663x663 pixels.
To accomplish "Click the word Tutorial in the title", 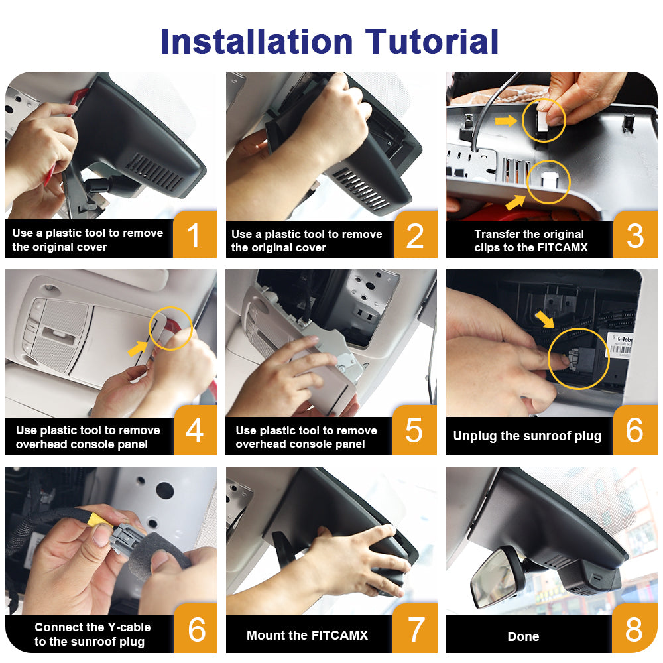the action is pos(432,41).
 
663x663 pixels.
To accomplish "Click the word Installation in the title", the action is pos(257,41).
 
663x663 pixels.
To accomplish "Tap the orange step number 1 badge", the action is pos(195,234).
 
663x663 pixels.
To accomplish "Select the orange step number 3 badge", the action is pos(635,235).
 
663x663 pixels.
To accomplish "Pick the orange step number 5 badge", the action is pos(414,430).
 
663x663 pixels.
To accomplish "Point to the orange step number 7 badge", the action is pos(415,629).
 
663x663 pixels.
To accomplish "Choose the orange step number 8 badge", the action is pos(634,629).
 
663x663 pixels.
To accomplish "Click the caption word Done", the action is pos(524,636).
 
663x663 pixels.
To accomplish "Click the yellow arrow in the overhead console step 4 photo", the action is pos(137,349).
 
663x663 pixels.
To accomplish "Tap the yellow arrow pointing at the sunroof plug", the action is pos(544,319).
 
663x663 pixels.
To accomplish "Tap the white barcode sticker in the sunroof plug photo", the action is pos(620,345).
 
